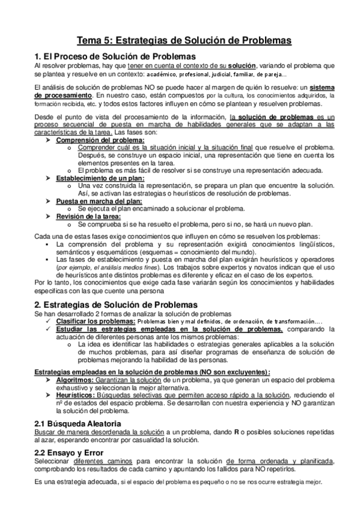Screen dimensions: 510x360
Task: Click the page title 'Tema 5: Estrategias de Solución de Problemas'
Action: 180,40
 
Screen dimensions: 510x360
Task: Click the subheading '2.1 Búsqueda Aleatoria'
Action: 78,424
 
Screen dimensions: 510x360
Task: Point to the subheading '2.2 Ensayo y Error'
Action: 69,452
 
